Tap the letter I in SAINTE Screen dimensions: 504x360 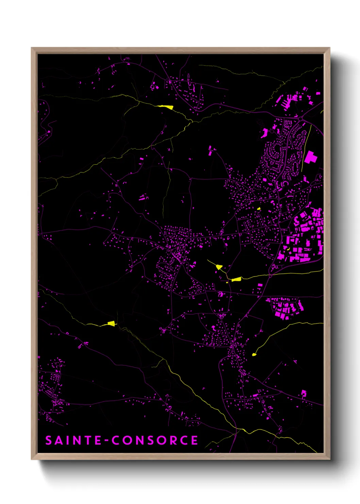[x=68, y=440]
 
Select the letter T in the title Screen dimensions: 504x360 [x=88, y=440]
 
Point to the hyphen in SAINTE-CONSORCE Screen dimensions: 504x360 [x=107, y=441]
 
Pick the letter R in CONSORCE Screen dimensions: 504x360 [x=173, y=440]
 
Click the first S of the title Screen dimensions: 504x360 [x=49, y=440]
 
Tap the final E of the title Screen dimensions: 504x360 [x=195, y=440]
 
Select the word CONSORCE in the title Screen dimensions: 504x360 [x=155, y=440]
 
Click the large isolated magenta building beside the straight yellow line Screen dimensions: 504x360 [x=310, y=158]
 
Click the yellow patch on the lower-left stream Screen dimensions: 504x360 [x=111, y=323]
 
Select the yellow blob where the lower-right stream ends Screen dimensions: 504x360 [x=254, y=355]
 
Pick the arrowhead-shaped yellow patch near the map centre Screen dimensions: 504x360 [x=219, y=267]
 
